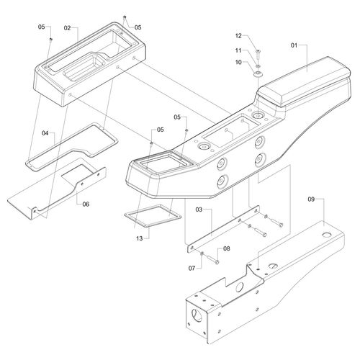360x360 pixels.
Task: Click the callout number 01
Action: pos(294,45)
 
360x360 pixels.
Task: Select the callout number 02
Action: pos(67,28)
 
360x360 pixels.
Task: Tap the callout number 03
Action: pos(199,210)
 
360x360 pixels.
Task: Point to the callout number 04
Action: pos(45,133)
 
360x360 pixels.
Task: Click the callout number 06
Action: pos(86,204)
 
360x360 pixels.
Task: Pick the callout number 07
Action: pos(192,268)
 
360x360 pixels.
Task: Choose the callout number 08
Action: pos(226,248)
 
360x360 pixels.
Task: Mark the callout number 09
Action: pos(311,199)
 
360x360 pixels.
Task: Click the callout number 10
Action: pos(238,63)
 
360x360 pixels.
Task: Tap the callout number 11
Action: pos(238,50)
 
